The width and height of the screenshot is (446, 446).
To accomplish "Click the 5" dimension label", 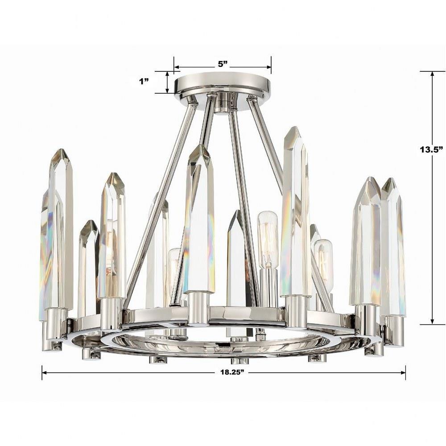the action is click(x=223, y=64).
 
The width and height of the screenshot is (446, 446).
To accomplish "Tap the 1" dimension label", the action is click(x=144, y=82).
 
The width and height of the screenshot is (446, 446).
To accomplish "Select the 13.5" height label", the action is click(x=431, y=149).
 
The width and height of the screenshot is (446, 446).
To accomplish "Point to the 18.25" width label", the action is click(x=232, y=372).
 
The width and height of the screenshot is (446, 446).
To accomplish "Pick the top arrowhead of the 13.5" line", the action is click(x=432, y=74).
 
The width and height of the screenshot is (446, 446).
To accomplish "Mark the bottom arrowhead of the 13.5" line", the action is click(x=432, y=321).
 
